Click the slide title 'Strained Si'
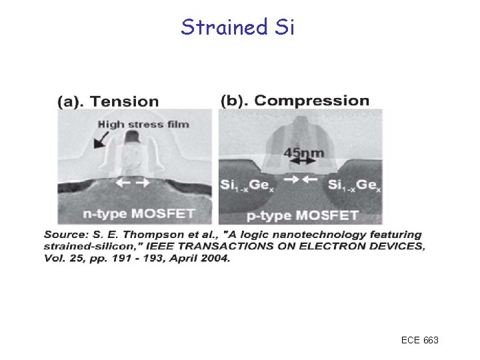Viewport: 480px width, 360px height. (237, 27)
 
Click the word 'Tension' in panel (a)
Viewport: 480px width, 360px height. (125, 102)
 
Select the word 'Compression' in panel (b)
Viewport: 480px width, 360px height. (311, 101)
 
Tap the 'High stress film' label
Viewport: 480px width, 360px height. (143, 124)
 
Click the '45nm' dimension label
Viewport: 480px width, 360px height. (304, 153)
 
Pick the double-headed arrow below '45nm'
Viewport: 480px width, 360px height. (303, 162)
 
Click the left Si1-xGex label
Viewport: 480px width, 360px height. (245, 185)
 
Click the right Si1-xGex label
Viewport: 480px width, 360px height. (356, 185)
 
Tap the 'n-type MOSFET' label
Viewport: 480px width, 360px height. (139, 214)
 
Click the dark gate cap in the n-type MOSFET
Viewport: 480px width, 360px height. (132, 137)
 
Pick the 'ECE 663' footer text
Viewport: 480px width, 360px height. (420, 341)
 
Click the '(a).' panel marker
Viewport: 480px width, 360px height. (71, 102)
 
